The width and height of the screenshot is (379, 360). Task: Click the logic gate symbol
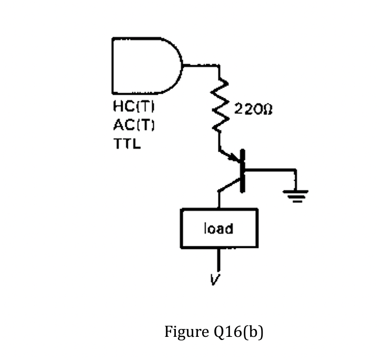(x=145, y=66)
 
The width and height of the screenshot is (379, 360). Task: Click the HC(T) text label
(x=134, y=106)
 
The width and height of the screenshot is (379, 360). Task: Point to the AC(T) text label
(x=134, y=125)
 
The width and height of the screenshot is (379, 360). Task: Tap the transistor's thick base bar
(x=243, y=171)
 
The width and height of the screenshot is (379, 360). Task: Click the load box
(x=219, y=228)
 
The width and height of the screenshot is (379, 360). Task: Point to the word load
(x=218, y=228)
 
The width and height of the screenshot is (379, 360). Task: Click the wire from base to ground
(x=271, y=170)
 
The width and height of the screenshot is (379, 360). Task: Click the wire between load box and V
(x=219, y=259)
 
